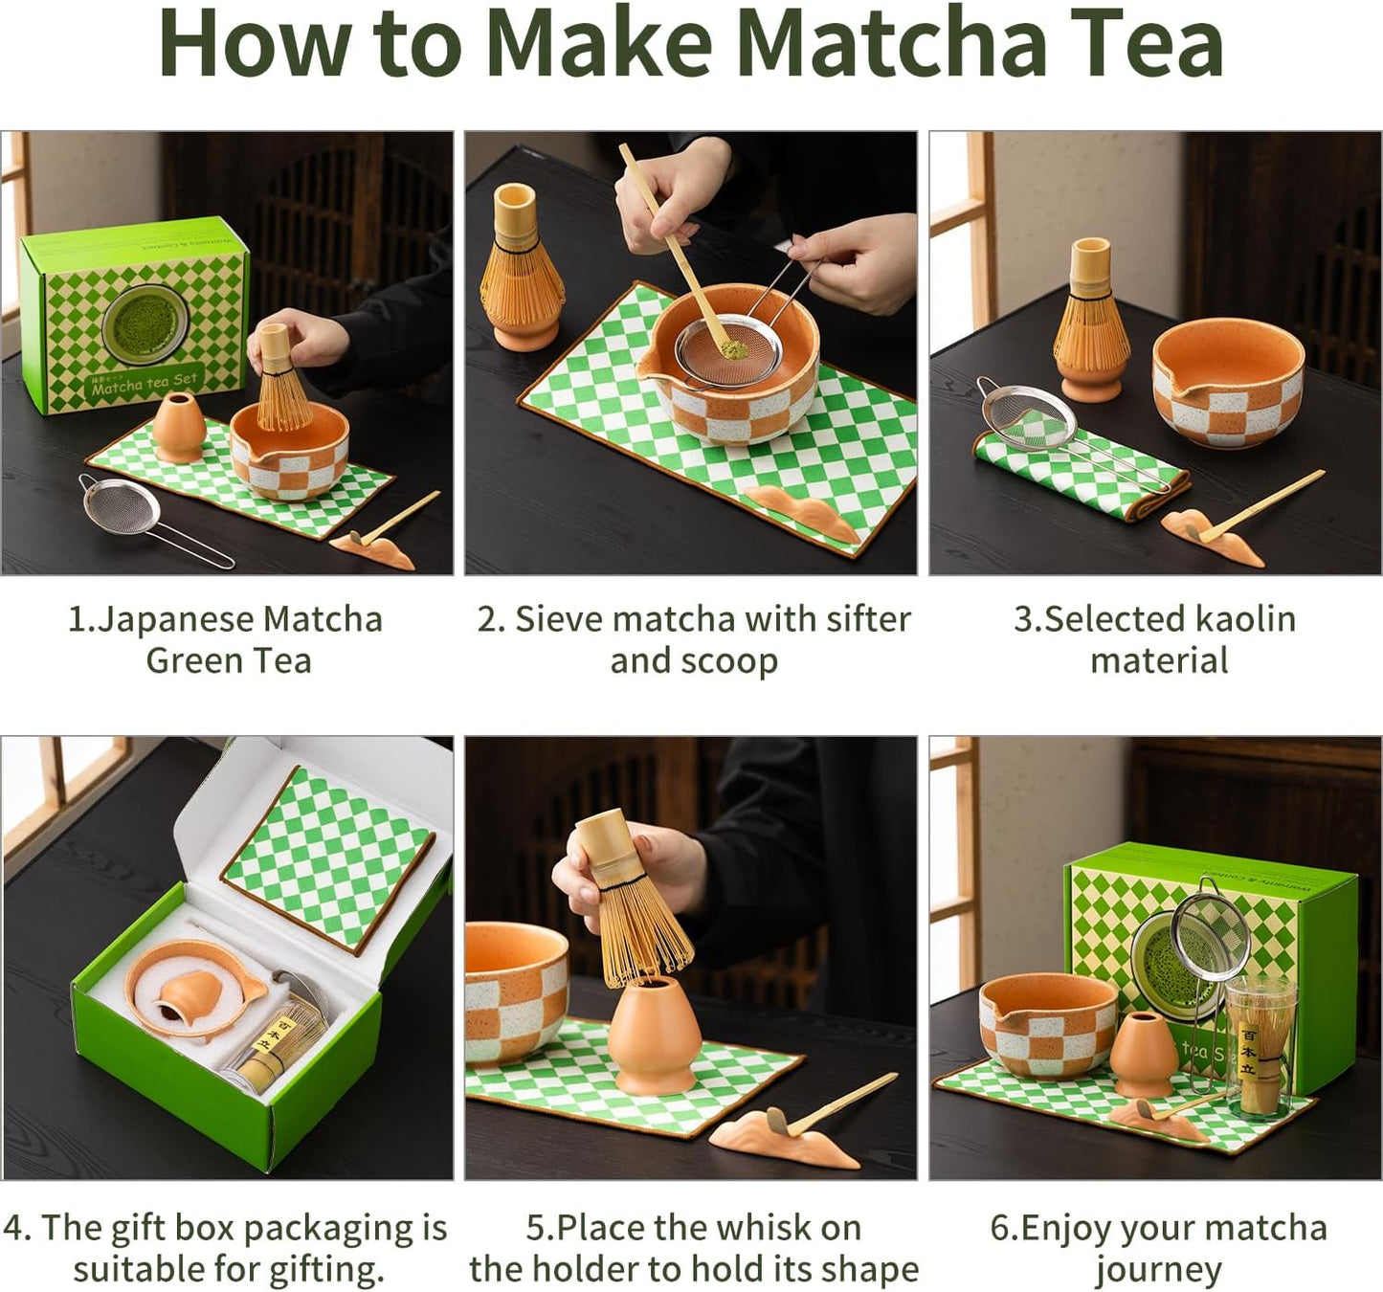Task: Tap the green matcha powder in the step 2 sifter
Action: (732, 350)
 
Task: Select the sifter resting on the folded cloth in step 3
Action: (1029, 415)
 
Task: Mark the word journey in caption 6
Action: (1158, 1269)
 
